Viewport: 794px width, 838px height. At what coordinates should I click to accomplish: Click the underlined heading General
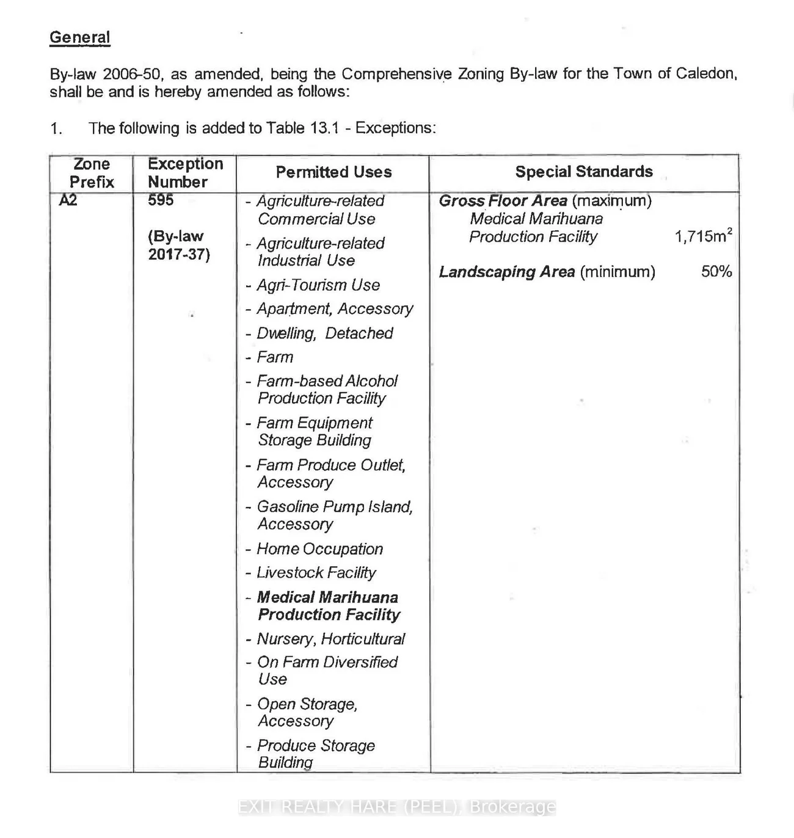(x=79, y=38)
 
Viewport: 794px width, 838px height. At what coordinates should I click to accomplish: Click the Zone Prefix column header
(x=92, y=173)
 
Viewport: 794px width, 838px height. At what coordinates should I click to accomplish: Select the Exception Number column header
(x=184, y=173)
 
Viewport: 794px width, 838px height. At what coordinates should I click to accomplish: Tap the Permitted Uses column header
(x=333, y=172)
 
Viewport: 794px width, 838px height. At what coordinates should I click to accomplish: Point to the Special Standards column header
(x=583, y=172)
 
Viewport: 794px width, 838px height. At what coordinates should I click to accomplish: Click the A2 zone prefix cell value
(x=68, y=200)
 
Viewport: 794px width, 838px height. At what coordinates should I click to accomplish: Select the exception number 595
(x=161, y=200)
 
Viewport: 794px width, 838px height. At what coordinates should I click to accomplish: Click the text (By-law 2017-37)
(x=178, y=246)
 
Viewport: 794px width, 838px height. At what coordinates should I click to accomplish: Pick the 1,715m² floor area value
(x=703, y=236)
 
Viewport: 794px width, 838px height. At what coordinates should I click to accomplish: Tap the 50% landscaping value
(x=716, y=272)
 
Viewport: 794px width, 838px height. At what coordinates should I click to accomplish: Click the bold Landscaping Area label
(x=506, y=272)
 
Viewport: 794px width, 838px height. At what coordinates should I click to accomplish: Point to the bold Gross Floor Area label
(x=503, y=201)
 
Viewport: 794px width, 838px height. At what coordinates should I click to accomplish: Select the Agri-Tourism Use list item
(x=318, y=285)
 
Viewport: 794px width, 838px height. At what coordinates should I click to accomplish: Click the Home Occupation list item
(x=319, y=549)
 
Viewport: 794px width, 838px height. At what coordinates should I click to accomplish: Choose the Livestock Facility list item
(x=316, y=573)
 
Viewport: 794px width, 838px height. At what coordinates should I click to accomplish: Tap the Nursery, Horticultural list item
(x=330, y=639)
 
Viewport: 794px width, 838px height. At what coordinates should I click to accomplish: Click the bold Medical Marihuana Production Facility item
(x=328, y=606)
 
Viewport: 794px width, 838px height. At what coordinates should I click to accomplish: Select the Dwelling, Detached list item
(x=324, y=333)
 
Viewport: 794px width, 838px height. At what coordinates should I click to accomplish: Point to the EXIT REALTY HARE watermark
(x=397, y=807)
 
